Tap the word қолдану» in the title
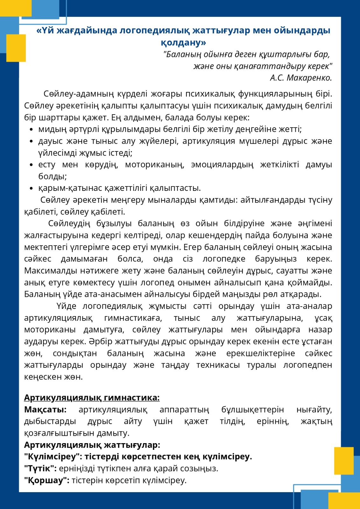(183, 42)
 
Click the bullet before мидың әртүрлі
(31, 130)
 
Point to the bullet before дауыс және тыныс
(31, 142)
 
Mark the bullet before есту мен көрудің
(31, 165)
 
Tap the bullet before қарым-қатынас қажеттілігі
(31, 189)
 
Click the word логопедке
(224, 259)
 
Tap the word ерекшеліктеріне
(260, 353)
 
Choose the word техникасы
(218, 365)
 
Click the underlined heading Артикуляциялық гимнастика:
(92, 398)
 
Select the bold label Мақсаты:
(45, 410)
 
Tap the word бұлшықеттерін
(252, 410)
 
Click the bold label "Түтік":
(40, 469)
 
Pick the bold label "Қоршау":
(47, 480)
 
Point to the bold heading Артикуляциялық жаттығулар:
(92, 445)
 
